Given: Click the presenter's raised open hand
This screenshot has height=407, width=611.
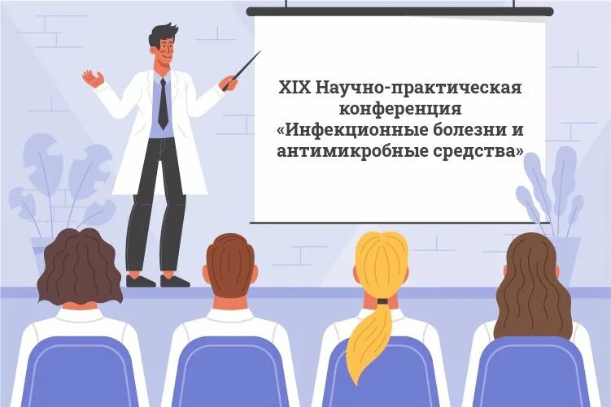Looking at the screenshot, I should tap(93, 78).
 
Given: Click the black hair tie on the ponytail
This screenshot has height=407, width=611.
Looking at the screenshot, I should tap(382, 301).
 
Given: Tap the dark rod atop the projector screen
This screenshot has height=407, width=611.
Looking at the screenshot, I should tap(399, 11).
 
